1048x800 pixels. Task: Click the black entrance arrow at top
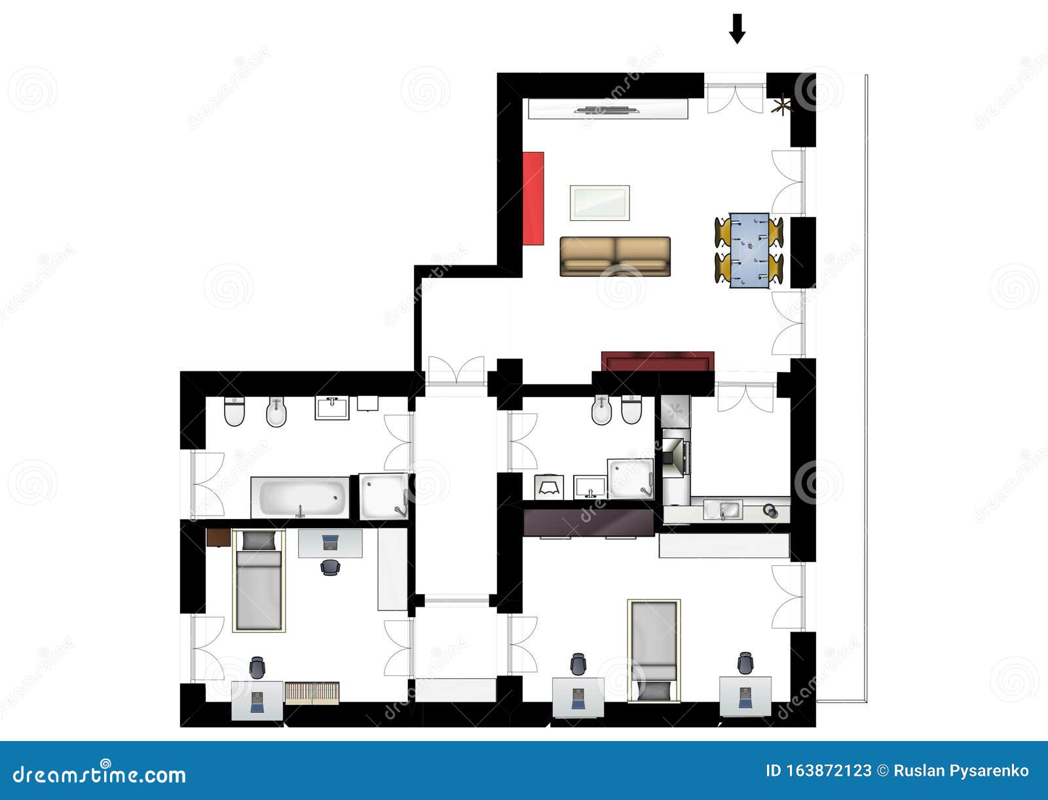738,29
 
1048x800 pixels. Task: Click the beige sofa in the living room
615,256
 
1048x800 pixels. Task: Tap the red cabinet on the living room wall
534,198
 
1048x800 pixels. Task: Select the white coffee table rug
599,202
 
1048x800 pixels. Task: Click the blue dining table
749,250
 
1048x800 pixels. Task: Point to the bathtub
300,497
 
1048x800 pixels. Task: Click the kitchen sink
722,509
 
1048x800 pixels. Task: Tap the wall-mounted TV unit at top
608,109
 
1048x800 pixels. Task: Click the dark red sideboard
658,361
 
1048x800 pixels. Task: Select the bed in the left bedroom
259,581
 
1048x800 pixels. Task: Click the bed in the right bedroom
654,650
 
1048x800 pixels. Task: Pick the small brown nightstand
217,537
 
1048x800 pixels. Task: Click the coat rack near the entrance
782,105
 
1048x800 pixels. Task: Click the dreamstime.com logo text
100,774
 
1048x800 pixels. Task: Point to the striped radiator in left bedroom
312,693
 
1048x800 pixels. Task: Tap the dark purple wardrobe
589,522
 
